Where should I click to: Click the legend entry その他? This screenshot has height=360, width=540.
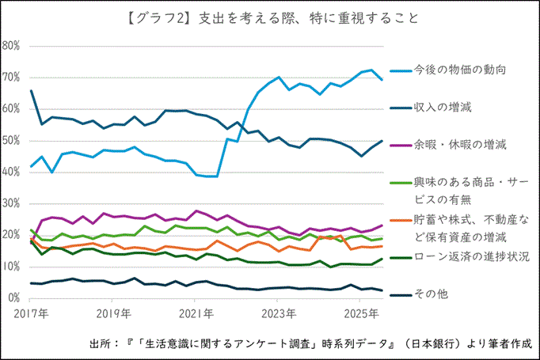coord(432,294)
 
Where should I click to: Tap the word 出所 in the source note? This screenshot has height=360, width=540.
coord(101,344)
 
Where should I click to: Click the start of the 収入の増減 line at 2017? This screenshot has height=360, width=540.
coord(31,91)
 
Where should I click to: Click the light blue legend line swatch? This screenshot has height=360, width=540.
coord(398,70)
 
